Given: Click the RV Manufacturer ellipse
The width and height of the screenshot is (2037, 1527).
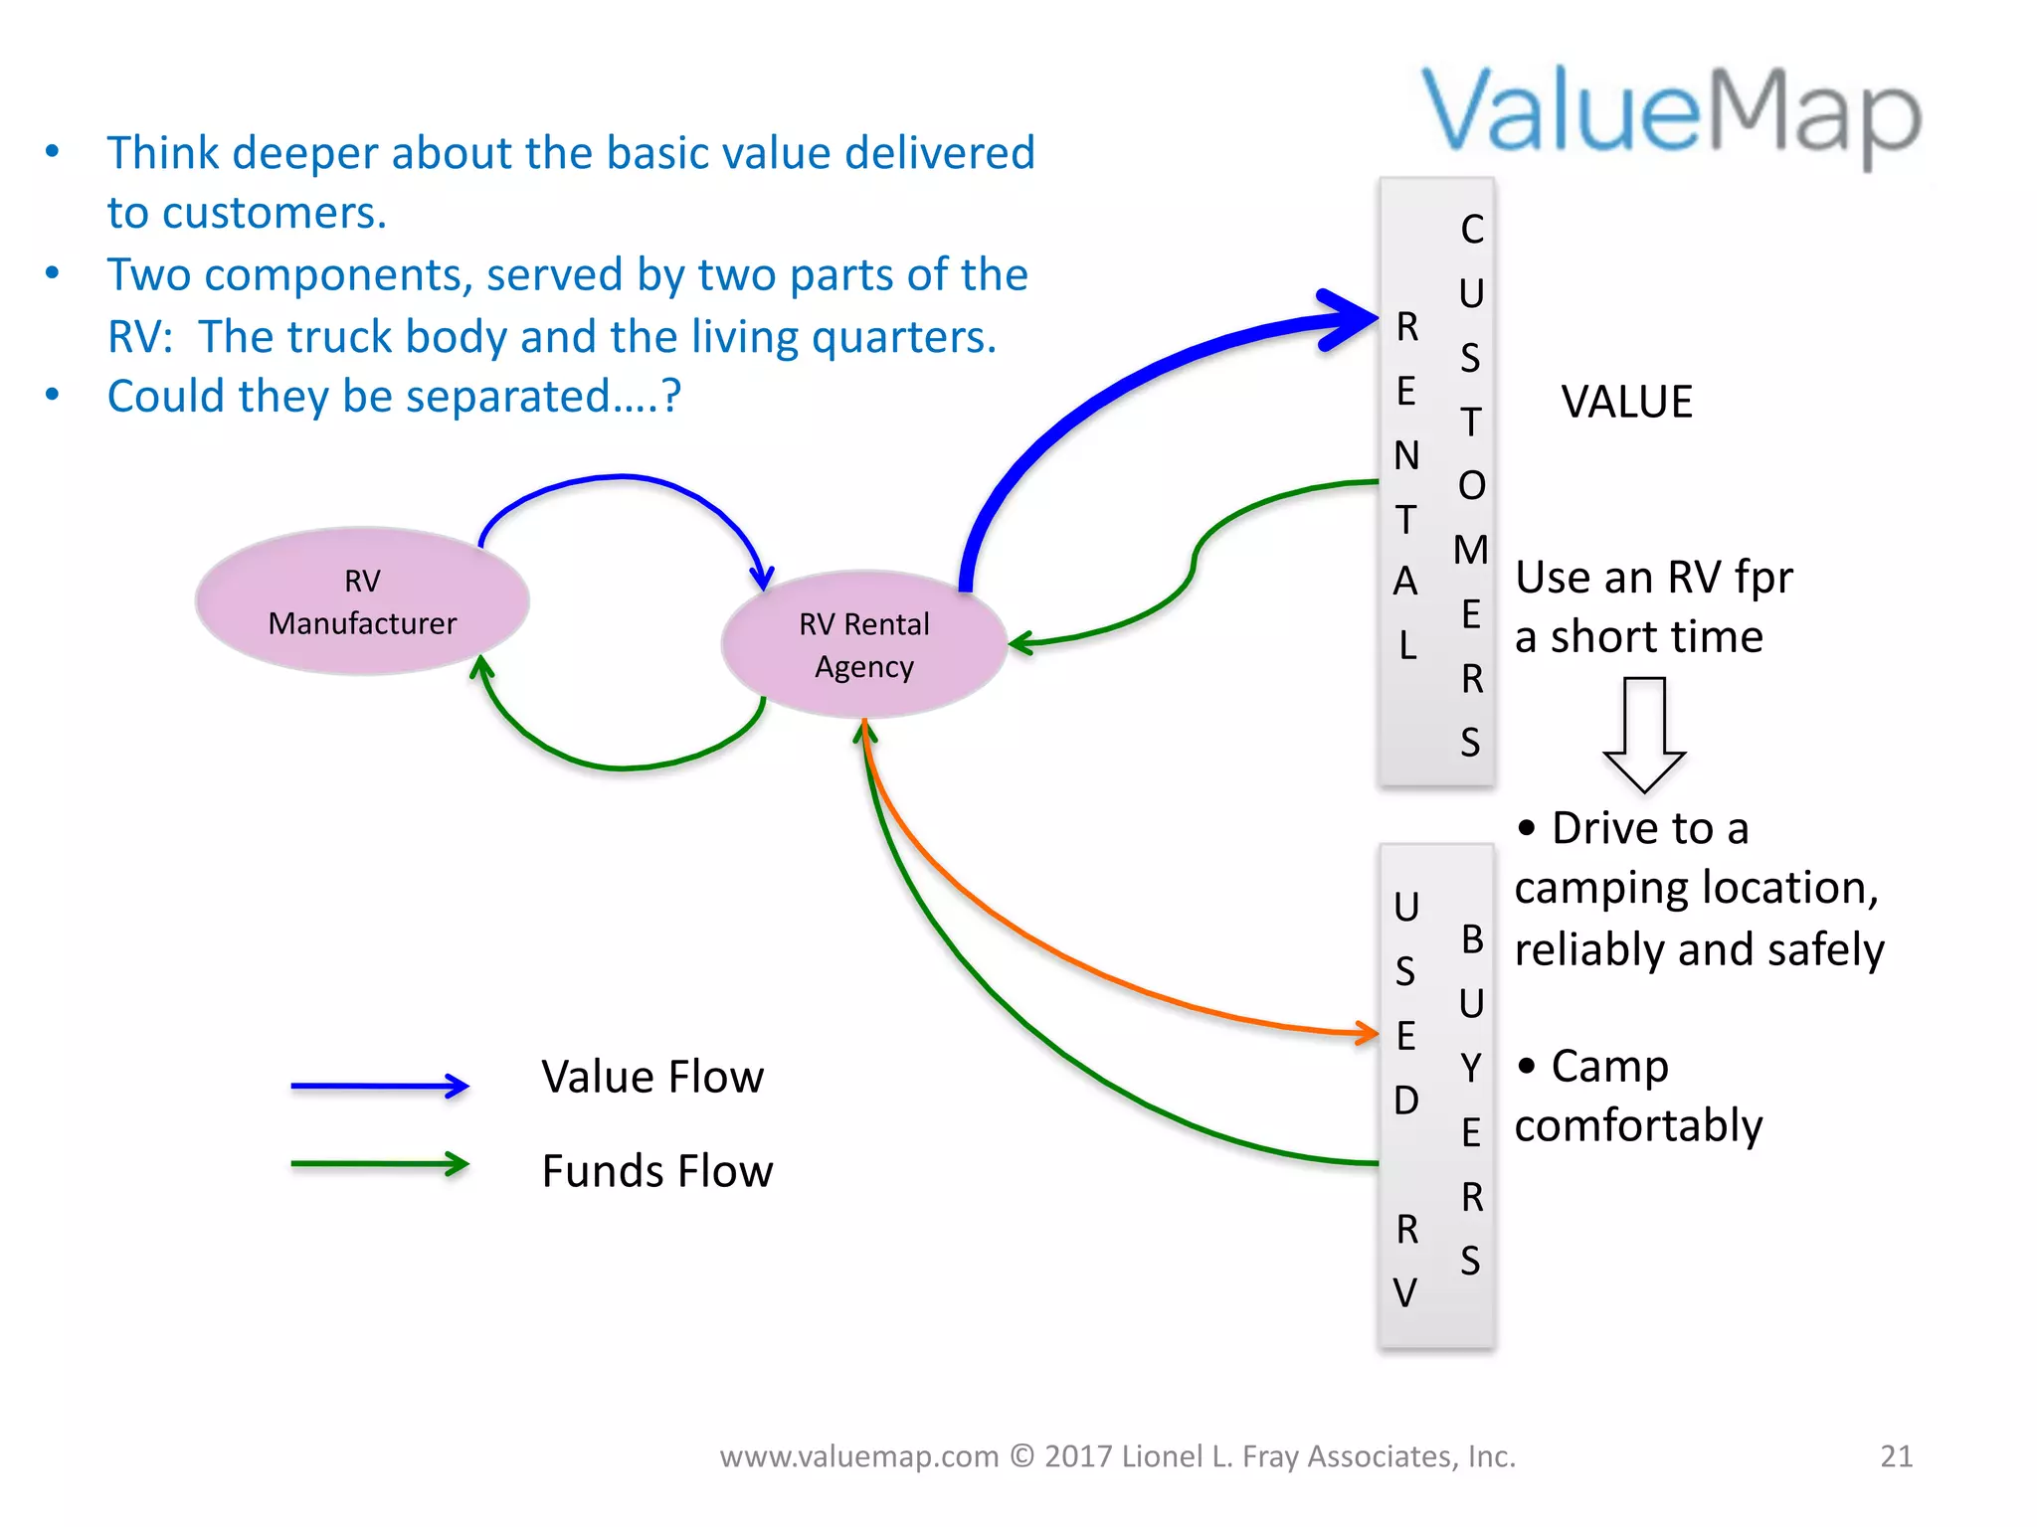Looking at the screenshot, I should click(x=362, y=601).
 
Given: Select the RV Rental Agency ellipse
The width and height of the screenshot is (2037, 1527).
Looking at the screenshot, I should click(x=863, y=644).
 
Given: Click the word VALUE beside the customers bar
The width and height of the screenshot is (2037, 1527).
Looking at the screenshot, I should click(x=1626, y=403).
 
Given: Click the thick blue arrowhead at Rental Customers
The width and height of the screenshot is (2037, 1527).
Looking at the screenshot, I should click(x=1353, y=319).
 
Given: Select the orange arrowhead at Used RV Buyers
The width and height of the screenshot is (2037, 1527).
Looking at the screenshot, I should click(x=1368, y=1033).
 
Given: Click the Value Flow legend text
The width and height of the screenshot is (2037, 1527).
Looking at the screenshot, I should click(x=652, y=1078).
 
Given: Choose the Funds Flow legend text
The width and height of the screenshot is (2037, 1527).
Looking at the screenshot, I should click(x=656, y=1171).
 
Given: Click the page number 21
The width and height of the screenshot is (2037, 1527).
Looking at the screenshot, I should click(x=1896, y=1455).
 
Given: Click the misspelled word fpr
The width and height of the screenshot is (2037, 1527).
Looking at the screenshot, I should click(x=1762, y=578).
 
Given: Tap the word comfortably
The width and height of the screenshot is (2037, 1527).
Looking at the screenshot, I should click(x=1638, y=1126).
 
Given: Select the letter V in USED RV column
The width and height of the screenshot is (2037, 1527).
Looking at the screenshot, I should click(x=1405, y=1293).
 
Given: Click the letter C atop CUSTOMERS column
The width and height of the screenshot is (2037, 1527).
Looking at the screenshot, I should click(x=1472, y=230).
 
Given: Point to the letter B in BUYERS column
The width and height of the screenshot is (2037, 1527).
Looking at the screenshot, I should click(x=1472, y=939).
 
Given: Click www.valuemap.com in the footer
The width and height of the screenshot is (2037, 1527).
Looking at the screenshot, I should click(x=859, y=1456).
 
